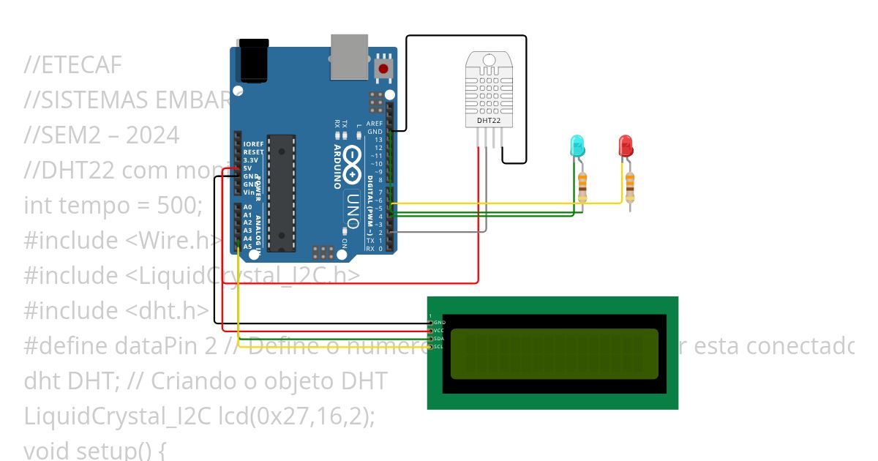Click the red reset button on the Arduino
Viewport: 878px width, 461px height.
[383, 70]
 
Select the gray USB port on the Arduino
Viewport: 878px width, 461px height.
[349, 56]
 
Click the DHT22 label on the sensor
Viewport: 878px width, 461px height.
[488, 120]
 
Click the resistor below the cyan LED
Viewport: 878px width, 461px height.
[582, 187]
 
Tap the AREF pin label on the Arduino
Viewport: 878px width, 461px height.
[375, 123]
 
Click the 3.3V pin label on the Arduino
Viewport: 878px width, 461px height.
[251, 160]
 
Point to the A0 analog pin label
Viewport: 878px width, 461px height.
[247, 208]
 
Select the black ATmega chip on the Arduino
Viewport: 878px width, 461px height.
[282, 192]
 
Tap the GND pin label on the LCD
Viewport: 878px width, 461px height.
[439, 322]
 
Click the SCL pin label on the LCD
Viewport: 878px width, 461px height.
[439, 346]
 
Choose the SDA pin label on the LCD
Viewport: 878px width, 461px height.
[439, 338]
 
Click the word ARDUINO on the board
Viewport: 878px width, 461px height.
[337, 166]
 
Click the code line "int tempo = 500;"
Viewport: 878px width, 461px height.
[113, 206]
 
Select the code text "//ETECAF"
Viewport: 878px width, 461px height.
[72, 65]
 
